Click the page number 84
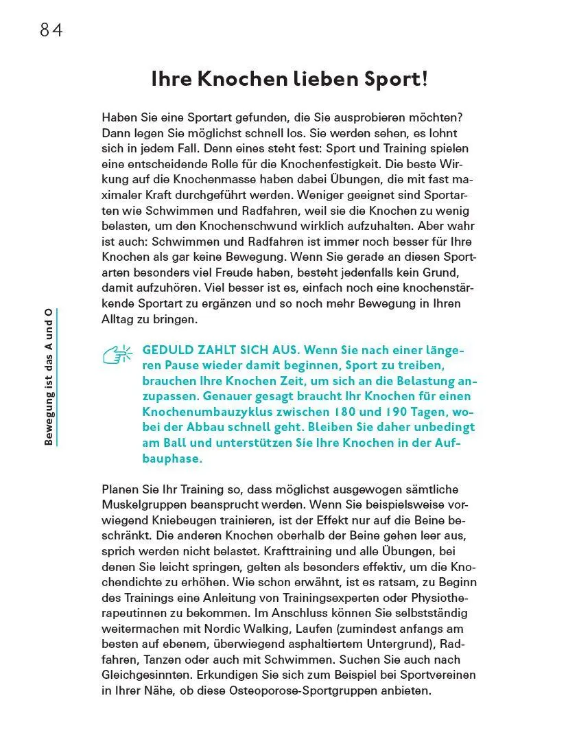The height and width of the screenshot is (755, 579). click(x=51, y=30)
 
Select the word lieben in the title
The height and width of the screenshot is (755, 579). click(x=314, y=80)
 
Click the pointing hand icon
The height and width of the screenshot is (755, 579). click(x=117, y=354)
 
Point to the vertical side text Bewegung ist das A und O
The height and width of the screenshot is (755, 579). click(x=49, y=377)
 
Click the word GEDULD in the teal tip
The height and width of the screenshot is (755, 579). click(x=167, y=350)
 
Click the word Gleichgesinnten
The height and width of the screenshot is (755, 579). click(x=143, y=675)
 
